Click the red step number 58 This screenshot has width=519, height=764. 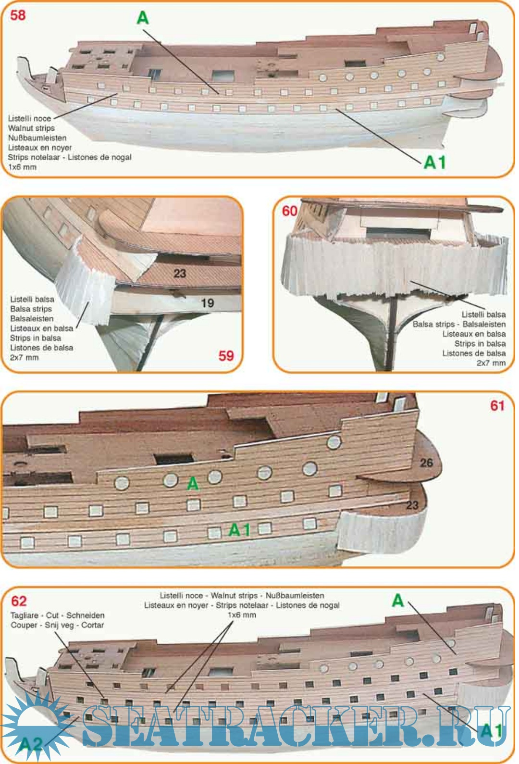tap(18, 15)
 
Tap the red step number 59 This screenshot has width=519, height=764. tap(226, 356)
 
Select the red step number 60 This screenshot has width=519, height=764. tap(289, 211)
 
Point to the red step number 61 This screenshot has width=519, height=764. tap(497, 405)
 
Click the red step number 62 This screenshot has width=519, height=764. tap(19, 601)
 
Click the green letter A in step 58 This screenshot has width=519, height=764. tap(143, 18)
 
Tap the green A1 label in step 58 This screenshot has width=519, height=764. tap(435, 163)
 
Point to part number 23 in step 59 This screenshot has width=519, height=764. tap(180, 273)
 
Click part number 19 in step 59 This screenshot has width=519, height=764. tap(208, 303)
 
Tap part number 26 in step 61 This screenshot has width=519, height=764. tap(426, 463)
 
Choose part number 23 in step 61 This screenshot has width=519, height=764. tap(412, 505)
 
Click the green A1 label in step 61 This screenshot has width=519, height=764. tap(240, 530)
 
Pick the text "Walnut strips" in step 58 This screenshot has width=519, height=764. tap(31, 128)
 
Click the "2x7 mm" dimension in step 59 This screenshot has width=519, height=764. tap(24, 357)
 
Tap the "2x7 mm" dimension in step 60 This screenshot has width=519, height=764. tap(491, 363)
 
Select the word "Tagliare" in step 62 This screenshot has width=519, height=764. tap(25, 615)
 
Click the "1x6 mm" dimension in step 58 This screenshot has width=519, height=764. tap(22, 167)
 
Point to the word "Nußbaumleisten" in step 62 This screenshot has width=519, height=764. tap(295, 596)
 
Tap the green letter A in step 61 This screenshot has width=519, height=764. tap(193, 483)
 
